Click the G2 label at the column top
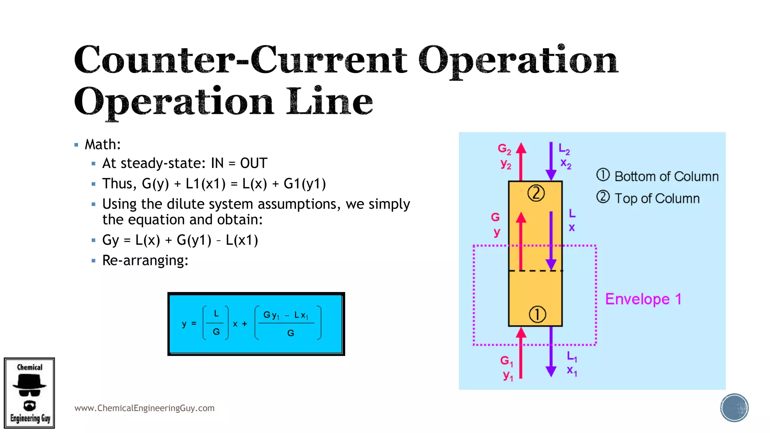point(504,149)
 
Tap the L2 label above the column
point(564,149)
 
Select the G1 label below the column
point(506,361)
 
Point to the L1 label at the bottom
point(571,356)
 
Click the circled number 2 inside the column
point(536,194)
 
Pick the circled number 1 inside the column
point(537,314)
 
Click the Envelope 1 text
point(643,299)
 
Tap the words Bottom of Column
point(666,176)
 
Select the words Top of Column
point(657,198)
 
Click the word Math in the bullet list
point(102,144)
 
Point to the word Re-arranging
point(145,260)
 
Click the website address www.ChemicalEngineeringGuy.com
point(144,408)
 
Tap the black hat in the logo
point(29,382)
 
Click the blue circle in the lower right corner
point(734,408)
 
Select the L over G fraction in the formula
point(216,323)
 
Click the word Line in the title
point(329,101)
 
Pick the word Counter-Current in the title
point(241,60)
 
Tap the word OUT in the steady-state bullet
point(254,163)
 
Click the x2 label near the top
point(565,164)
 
